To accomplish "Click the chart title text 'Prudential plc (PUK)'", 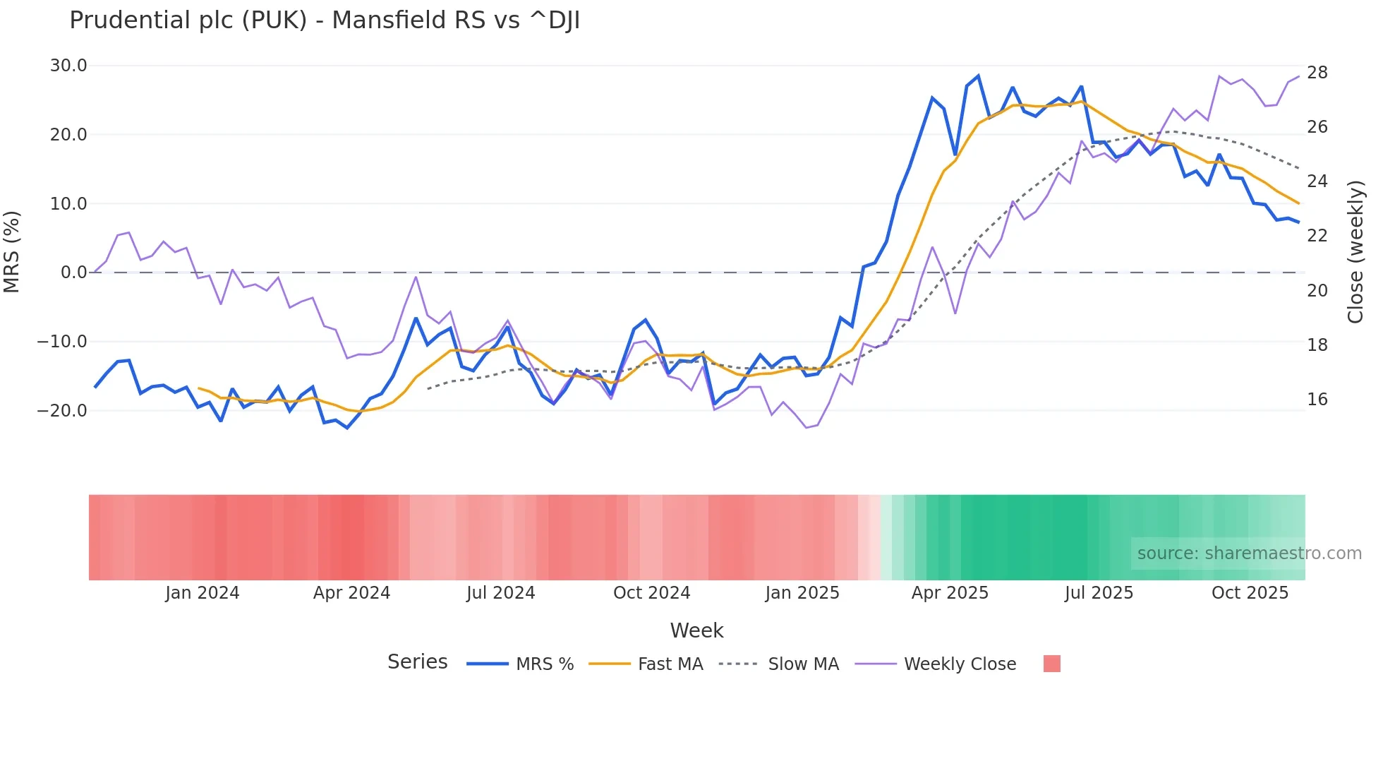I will click(x=188, y=20).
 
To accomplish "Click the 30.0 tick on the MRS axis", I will click(x=68, y=66).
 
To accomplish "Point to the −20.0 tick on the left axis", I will click(x=62, y=410).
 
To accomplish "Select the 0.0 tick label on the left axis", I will click(x=74, y=273).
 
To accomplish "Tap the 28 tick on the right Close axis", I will click(x=1317, y=73).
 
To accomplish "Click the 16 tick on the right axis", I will click(x=1317, y=400).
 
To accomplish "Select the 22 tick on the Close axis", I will click(x=1317, y=236).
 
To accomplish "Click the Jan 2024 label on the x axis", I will click(x=203, y=593).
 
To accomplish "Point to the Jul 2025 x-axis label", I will click(x=1099, y=593).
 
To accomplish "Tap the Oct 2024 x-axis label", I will click(x=651, y=593).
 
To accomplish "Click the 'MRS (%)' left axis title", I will click(x=12, y=251).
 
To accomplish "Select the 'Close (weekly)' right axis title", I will click(x=1355, y=252).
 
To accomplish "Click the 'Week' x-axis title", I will click(x=696, y=630).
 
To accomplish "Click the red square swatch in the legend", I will click(x=1051, y=664).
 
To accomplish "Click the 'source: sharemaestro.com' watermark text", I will click(x=1249, y=553).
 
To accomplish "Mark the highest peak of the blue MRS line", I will click(x=978, y=76).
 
